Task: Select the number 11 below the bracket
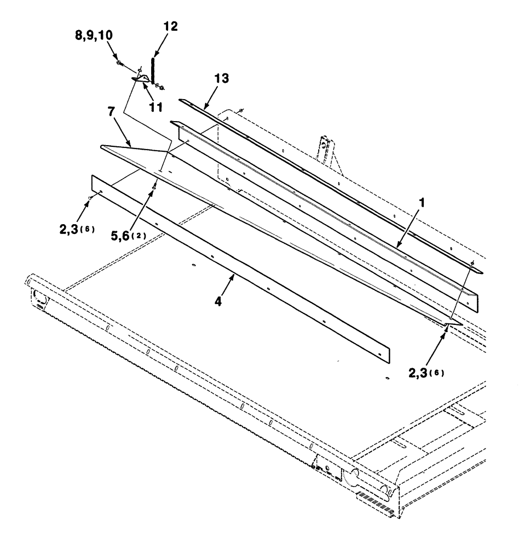click(x=156, y=108)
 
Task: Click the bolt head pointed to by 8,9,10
click(x=119, y=64)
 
